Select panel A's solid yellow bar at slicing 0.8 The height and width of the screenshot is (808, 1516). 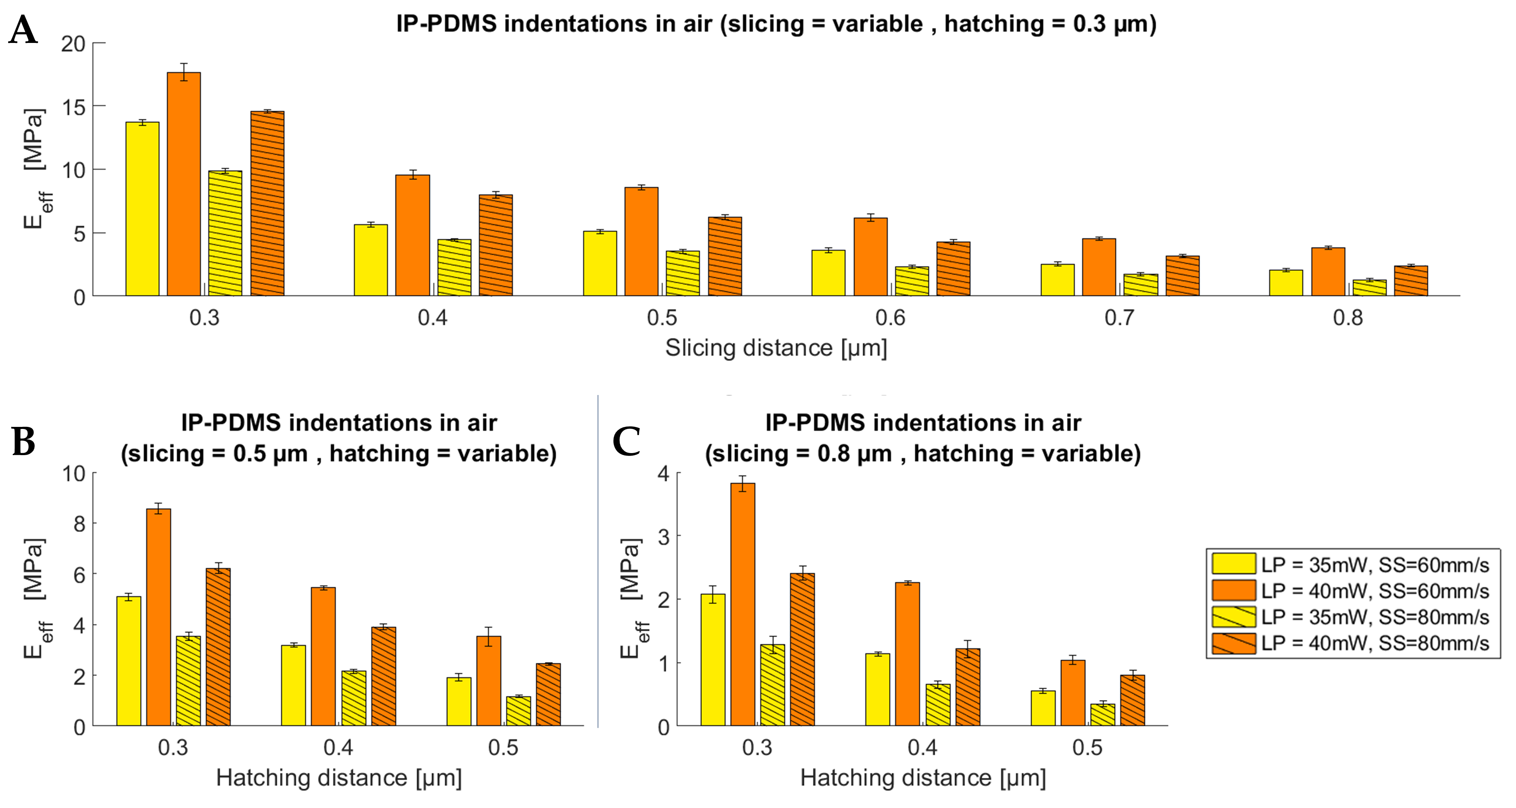[1286, 283]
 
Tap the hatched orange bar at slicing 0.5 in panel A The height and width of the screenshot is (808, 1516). [724, 256]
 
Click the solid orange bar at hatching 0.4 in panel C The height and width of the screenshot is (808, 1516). [907, 654]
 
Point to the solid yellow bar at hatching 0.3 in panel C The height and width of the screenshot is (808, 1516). [713, 660]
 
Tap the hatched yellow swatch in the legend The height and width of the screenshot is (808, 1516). [1234, 617]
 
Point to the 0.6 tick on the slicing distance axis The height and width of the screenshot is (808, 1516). [891, 318]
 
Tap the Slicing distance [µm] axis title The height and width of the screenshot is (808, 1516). [776, 348]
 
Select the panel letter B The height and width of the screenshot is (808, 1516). [24, 442]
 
